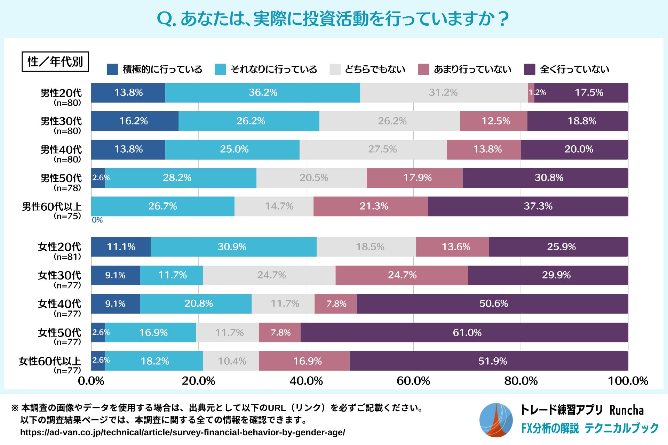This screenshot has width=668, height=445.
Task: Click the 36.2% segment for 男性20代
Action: tap(263, 93)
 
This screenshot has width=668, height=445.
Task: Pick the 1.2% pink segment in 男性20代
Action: tap(531, 93)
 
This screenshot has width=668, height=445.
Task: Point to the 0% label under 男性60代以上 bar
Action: tap(97, 220)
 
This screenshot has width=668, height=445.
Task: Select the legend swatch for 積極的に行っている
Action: tap(112, 69)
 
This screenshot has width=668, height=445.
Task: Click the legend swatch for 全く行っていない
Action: tap(530, 69)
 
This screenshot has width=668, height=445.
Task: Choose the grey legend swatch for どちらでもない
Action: tap(335, 69)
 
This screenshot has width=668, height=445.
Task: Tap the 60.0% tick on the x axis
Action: tap(413, 381)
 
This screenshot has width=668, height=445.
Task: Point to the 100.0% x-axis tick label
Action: tap(628, 381)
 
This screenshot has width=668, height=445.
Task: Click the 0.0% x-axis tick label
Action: tap(91, 381)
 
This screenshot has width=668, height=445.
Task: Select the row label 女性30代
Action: tap(59, 275)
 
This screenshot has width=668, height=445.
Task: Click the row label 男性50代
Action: tap(61, 178)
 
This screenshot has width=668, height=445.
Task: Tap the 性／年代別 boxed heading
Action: tap(55, 62)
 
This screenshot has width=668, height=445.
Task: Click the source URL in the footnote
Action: tap(183, 432)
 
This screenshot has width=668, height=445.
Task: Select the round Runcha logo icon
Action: tap(496, 420)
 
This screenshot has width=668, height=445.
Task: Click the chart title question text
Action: tap(333, 19)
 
